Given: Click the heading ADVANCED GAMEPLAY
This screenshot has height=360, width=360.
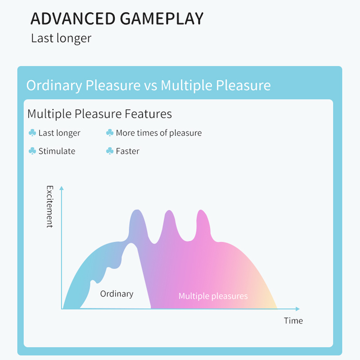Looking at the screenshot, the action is pos(117,18).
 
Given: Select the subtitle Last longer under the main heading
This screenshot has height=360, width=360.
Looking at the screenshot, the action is pos(61,38).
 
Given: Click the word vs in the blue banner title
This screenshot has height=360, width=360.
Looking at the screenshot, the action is pos(151,85).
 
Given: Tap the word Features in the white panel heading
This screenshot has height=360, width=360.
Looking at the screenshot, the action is pos(148,114).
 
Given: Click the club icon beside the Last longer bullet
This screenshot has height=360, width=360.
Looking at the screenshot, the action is pos(32,133).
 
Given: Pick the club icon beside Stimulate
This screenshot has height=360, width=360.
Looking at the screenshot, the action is pos(32,151).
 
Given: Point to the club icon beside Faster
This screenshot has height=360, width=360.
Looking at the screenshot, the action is pos(110,151).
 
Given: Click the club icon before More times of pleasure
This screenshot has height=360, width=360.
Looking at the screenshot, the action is pos(110,133).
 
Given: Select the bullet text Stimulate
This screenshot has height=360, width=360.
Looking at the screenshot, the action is pos(57,151).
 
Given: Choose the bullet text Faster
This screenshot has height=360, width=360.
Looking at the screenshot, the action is pos(128,151).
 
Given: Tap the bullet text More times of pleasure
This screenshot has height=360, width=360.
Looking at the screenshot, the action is pos(159,133).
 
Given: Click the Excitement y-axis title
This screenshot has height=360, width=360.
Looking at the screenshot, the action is pos(50,207).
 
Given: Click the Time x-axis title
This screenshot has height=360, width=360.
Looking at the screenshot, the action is pos(293,320).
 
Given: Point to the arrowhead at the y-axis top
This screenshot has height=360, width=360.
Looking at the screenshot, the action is pos(62,188).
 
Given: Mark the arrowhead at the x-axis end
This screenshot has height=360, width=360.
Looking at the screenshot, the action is pos(297,309).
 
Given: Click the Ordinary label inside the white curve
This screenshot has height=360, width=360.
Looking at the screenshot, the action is pos(117,294).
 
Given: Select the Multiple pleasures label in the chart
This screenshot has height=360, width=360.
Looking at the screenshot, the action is pos(213,296).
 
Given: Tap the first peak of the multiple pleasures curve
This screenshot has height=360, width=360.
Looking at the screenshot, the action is pos(137,210).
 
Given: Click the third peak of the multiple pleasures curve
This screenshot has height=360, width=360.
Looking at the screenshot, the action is pos(201,210).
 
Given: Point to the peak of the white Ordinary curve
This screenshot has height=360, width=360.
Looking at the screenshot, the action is pos(131,243).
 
